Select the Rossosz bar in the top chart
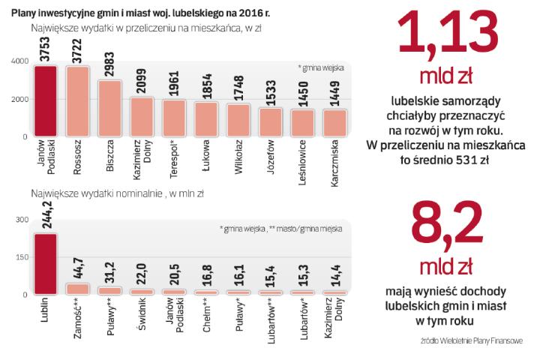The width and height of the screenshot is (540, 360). pyautogui.click(x=77, y=102)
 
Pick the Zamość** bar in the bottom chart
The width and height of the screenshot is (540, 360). pyautogui.click(x=77, y=289)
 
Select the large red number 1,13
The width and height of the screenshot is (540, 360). pyautogui.click(x=448, y=38)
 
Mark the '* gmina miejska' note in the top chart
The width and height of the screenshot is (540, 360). pyautogui.click(x=320, y=67)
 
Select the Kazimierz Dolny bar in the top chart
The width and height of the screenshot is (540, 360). pyautogui.click(x=142, y=117)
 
